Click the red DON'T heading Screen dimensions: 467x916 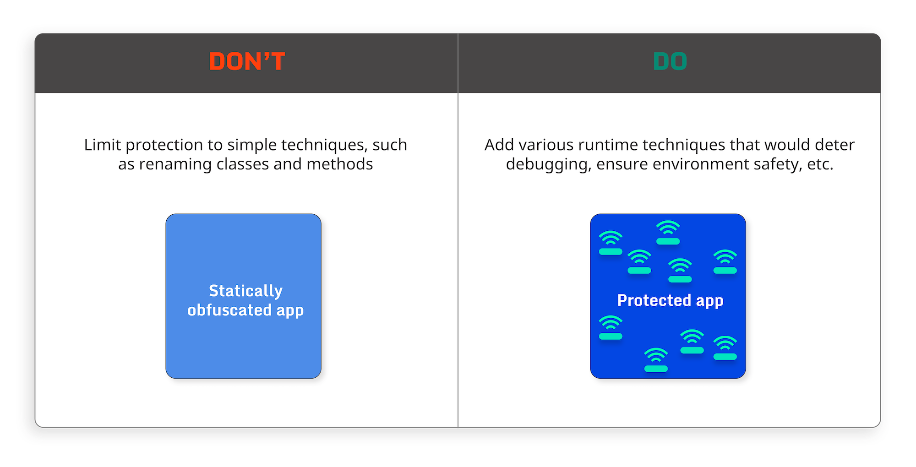coord(247,61)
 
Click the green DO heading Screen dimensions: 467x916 coord(670,61)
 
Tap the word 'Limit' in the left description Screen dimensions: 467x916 coord(102,145)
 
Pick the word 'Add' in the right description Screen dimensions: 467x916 coord(499,145)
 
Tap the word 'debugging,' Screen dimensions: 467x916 coord(548,165)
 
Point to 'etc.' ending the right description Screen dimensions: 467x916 coord(820,164)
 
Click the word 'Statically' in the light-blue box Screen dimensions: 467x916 coord(245,291)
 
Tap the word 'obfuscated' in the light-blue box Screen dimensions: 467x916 coord(229,310)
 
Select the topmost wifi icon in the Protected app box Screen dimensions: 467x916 coord(668,233)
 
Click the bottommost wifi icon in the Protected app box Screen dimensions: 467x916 coord(656,360)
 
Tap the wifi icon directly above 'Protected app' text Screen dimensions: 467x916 coord(680,271)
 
